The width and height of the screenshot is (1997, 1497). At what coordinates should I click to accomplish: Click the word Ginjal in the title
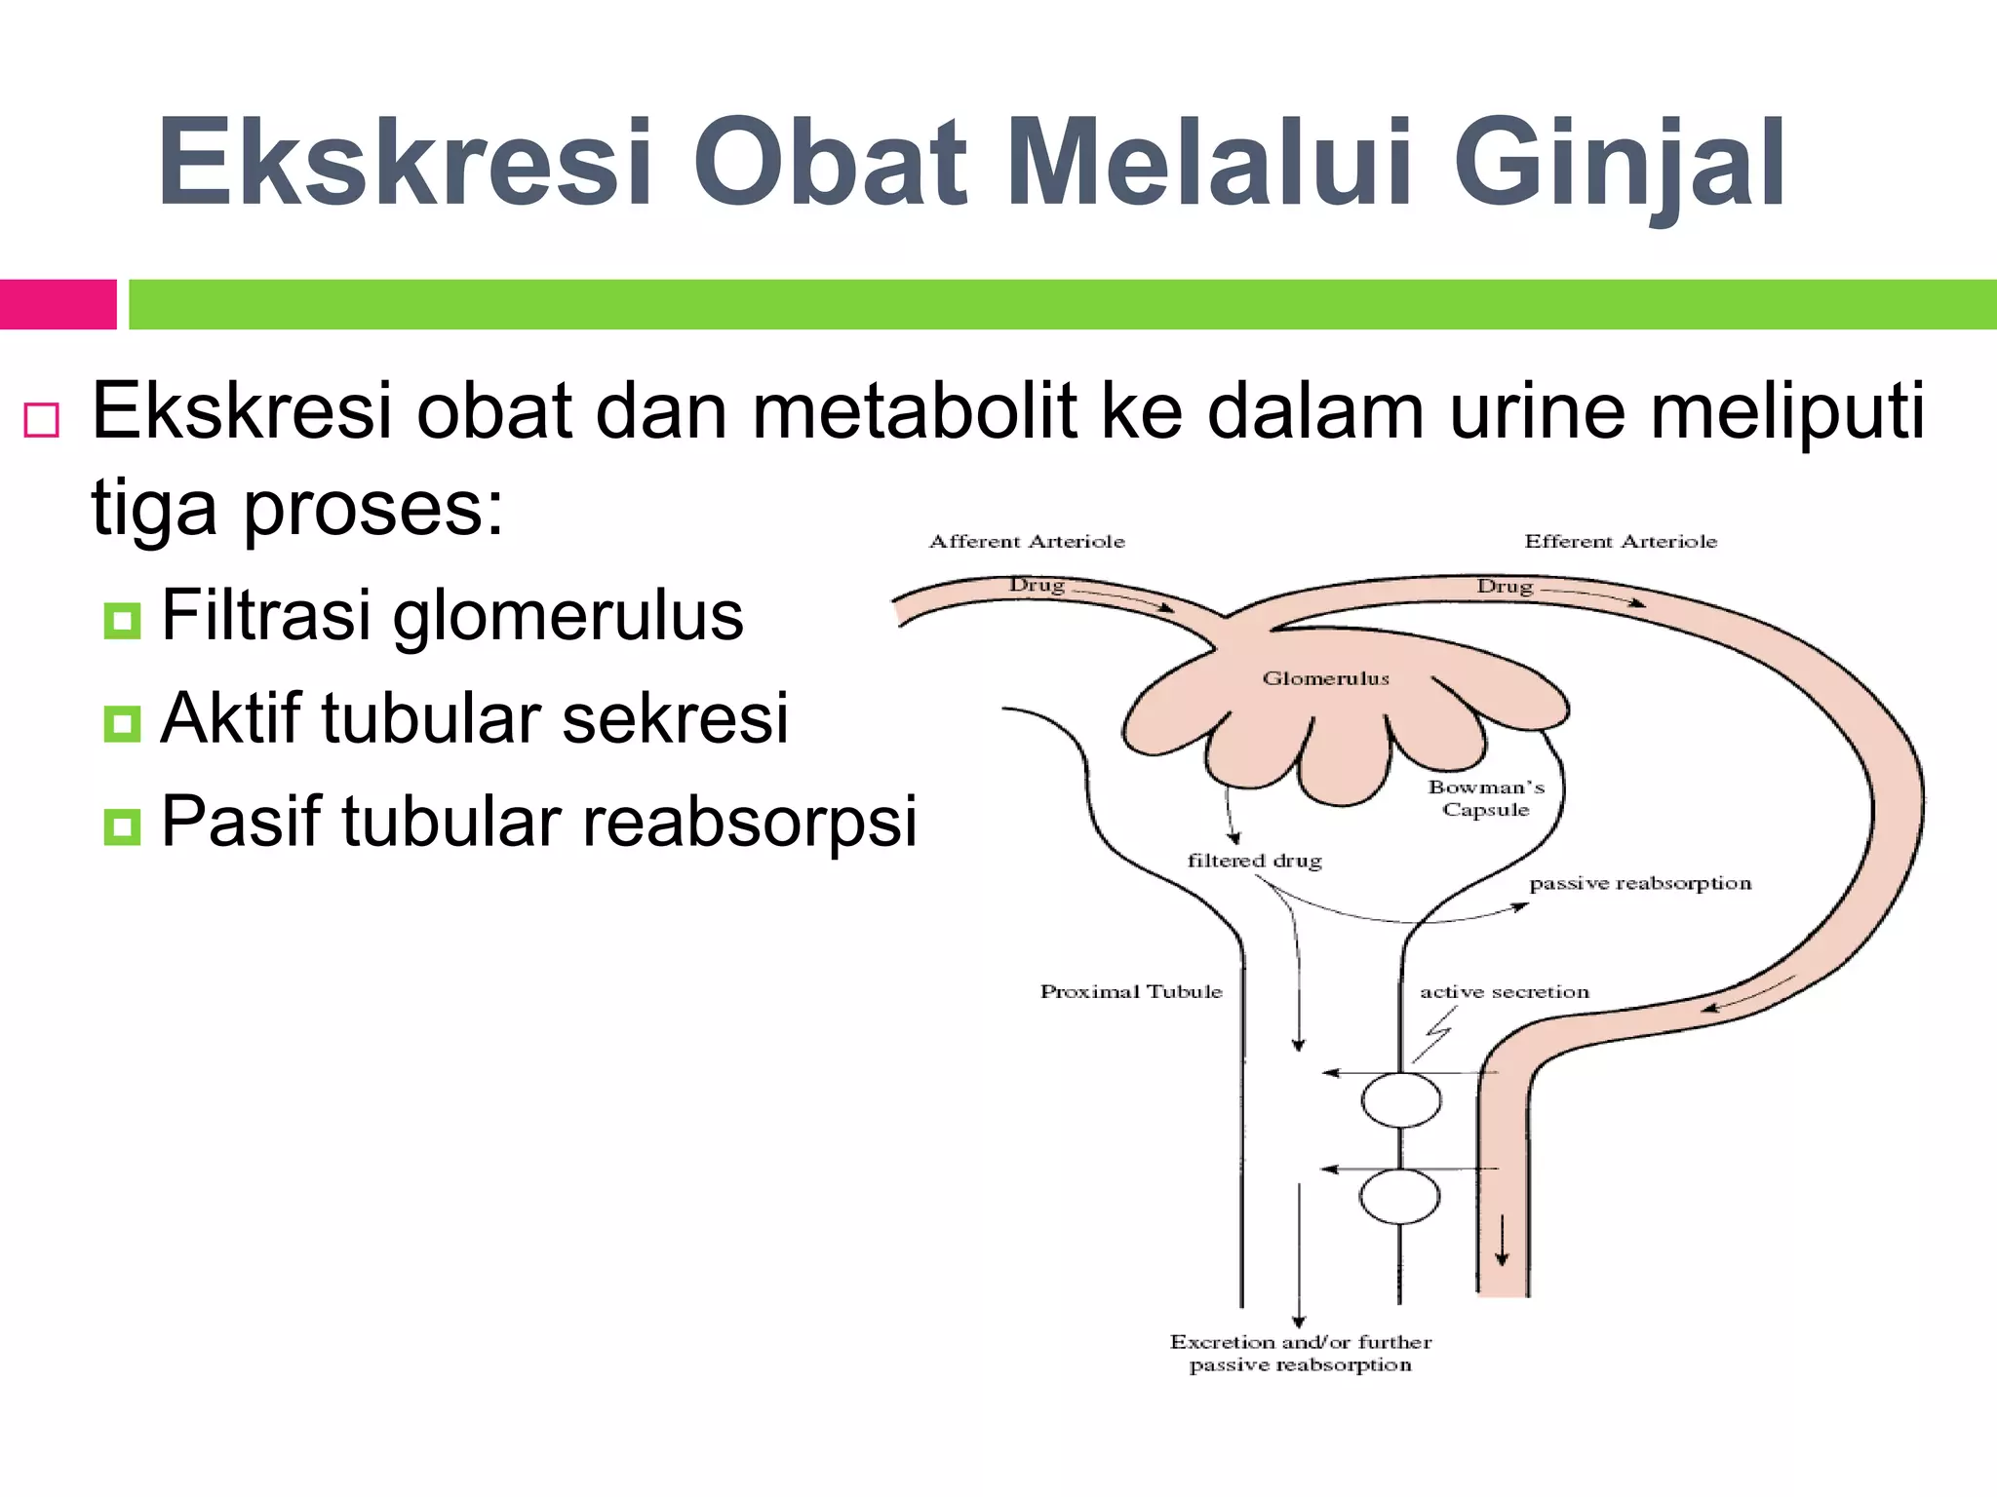tap(1619, 164)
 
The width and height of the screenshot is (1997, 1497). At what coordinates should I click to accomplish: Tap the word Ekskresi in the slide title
tap(405, 164)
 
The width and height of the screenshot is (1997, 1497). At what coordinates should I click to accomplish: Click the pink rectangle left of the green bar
tap(58, 304)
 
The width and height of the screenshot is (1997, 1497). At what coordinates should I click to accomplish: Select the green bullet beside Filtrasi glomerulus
tap(122, 620)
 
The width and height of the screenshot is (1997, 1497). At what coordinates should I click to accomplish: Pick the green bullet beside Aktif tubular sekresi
tap(122, 723)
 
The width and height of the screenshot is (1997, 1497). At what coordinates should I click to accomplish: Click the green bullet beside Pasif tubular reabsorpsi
tap(122, 826)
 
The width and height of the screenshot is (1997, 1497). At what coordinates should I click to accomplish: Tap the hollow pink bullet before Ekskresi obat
tap(42, 420)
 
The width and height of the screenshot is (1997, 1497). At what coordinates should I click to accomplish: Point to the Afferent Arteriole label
tap(1027, 542)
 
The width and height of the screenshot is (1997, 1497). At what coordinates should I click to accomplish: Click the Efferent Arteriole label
tap(1620, 542)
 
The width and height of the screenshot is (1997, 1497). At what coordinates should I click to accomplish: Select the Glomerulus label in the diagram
tap(1325, 678)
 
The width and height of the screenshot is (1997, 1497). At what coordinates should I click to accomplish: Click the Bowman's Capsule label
tap(1486, 798)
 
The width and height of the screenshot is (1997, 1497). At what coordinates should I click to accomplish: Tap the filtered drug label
tap(1254, 861)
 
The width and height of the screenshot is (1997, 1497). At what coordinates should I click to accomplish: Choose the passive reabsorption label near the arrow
tap(1640, 883)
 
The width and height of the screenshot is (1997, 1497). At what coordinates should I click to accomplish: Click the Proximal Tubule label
tap(1130, 991)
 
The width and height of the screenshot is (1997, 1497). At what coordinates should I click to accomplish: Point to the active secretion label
tap(1504, 991)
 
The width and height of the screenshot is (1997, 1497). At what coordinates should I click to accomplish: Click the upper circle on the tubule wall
tap(1400, 1100)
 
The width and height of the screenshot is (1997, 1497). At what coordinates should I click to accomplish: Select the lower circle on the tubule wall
tap(1399, 1197)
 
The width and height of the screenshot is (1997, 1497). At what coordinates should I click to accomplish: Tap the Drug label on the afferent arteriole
tap(1036, 585)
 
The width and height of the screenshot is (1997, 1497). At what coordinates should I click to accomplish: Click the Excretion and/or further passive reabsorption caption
tap(1300, 1353)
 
